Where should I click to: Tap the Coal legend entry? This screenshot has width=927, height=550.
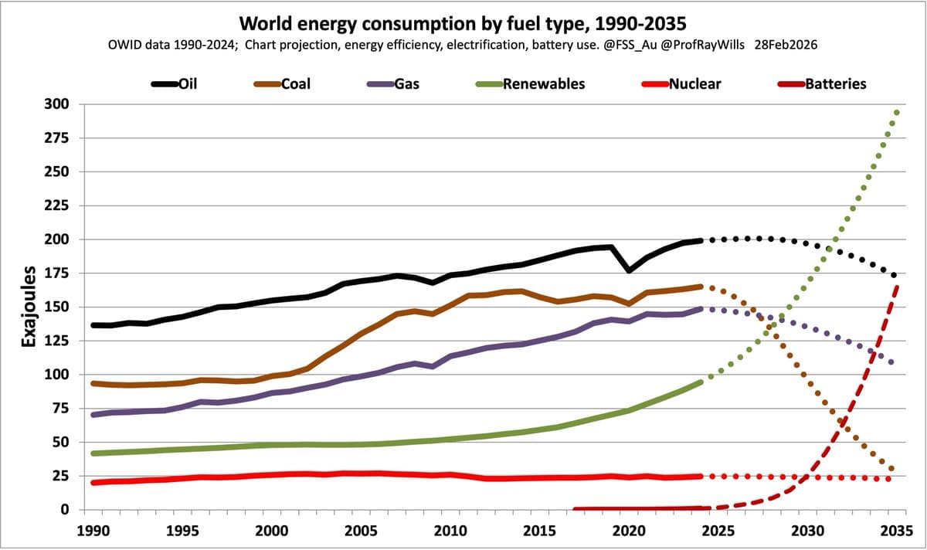(284, 83)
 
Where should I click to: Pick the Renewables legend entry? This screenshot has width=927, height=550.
(532, 83)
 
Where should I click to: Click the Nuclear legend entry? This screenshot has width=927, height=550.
(682, 83)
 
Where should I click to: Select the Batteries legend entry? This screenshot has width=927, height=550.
(823, 83)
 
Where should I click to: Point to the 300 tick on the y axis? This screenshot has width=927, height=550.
(59, 104)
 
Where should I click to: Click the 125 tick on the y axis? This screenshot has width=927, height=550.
(59, 341)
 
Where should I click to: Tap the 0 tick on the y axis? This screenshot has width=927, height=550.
(65, 510)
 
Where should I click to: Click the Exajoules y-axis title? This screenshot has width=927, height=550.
(29, 307)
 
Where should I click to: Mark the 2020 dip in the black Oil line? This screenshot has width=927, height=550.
(630, 270)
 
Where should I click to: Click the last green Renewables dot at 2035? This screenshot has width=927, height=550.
(896, 113)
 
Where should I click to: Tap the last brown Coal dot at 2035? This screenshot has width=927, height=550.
(891, 469)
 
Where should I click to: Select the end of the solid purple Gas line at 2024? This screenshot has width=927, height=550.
(700, 309)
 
